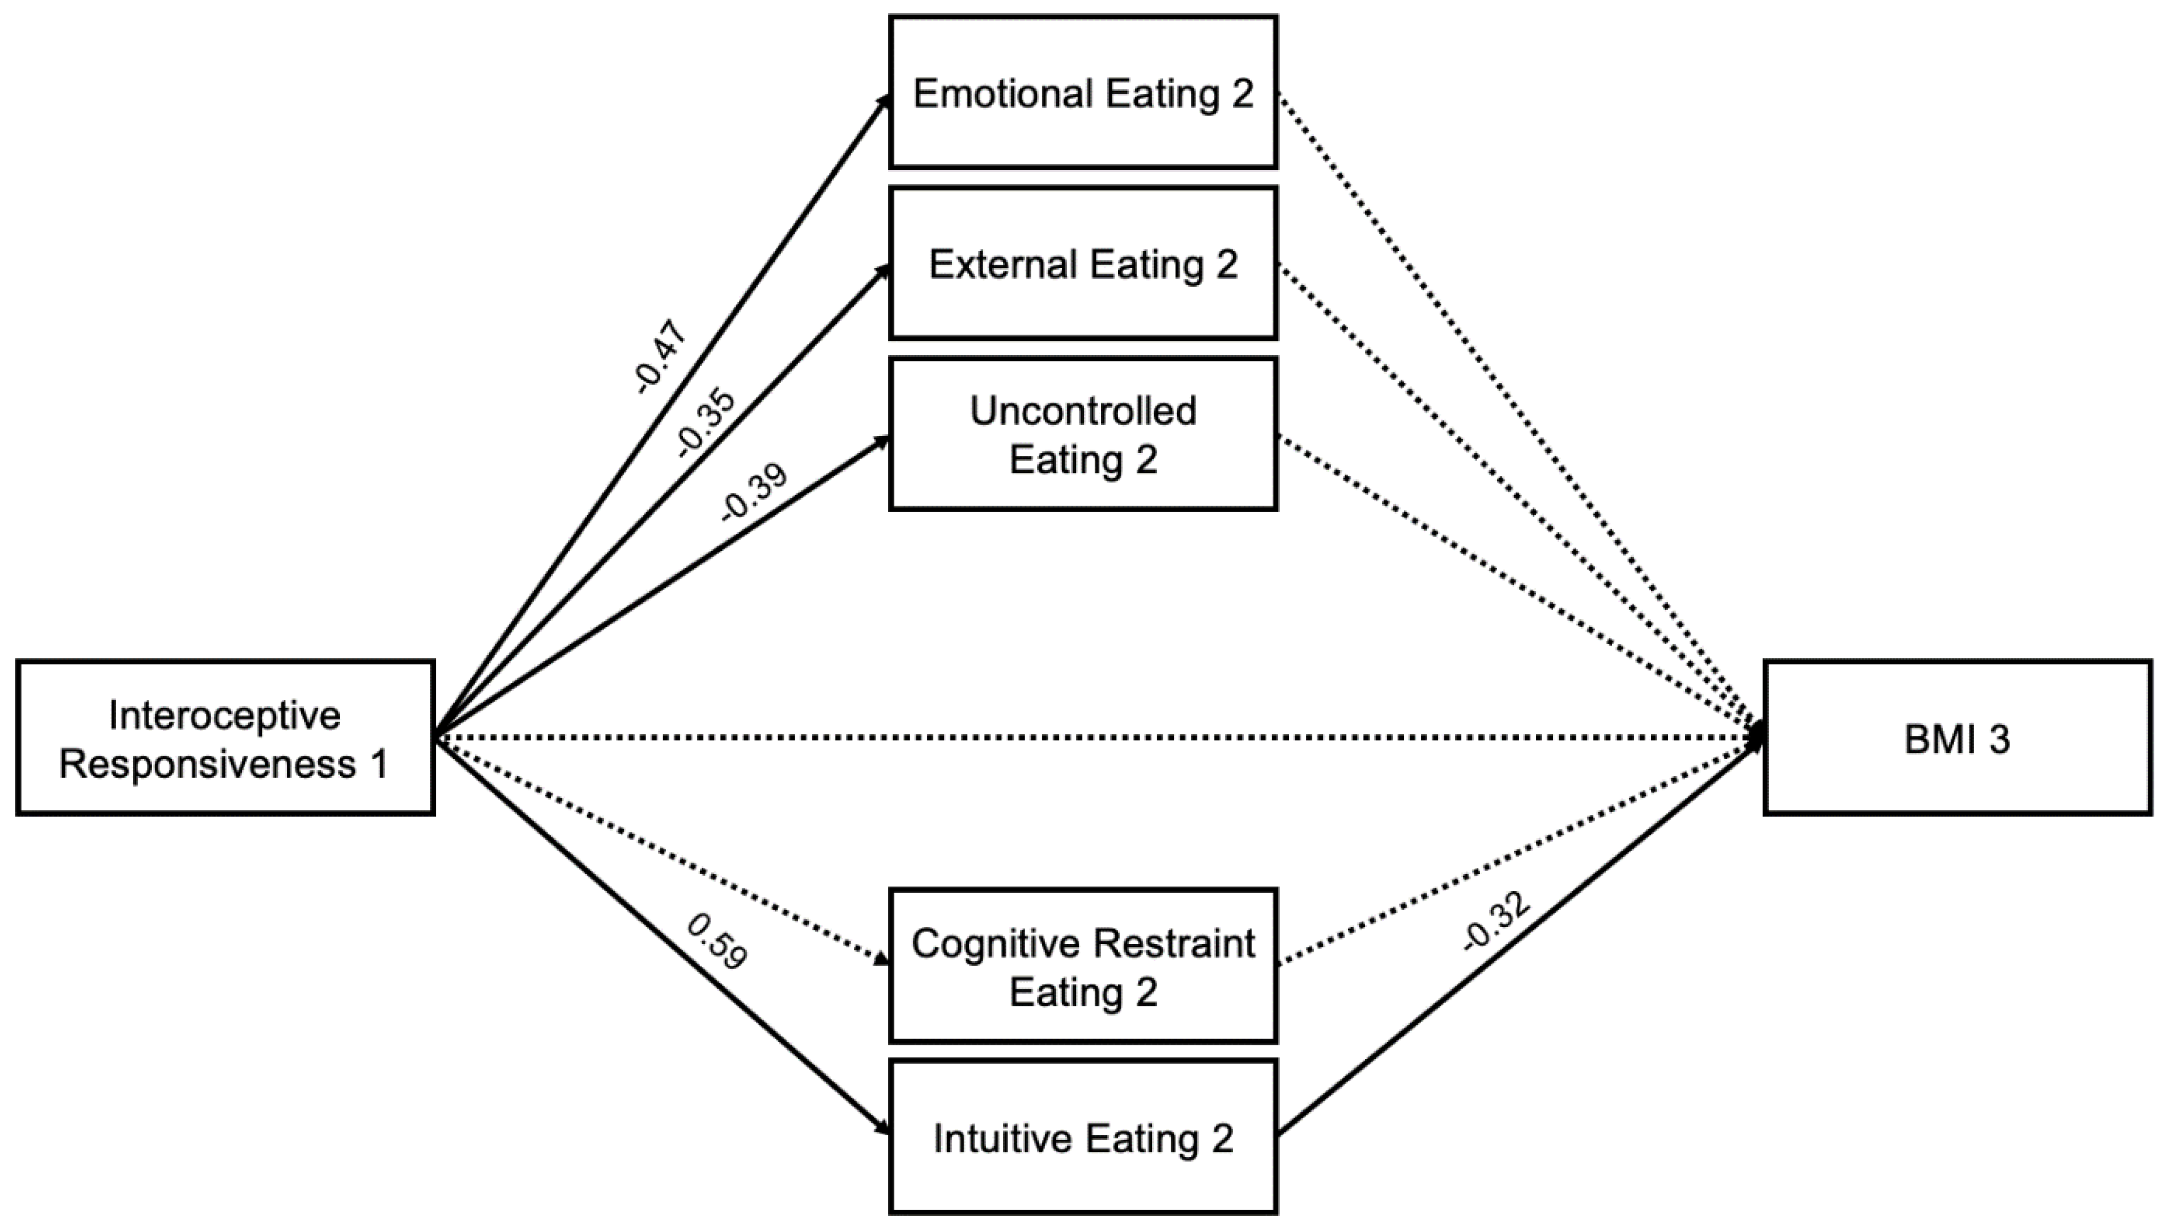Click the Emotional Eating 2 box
(x=1083, y=92)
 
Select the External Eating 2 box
(x=1083, y=263)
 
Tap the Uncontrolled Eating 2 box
(x=1083, y=434)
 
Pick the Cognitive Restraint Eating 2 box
(x=1083, y=966)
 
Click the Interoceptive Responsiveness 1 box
(x=225, y=739)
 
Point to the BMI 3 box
(x=1957, y=739)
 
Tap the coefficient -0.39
(x=753, y=492)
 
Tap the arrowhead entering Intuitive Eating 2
(x=883, y=1128)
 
